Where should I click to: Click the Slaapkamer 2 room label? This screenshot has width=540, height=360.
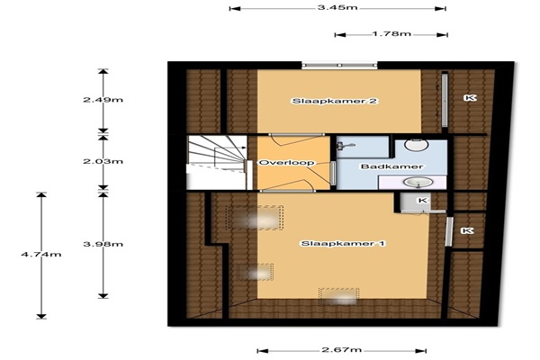coord(335,101)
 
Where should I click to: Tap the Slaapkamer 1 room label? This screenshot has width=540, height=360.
coord(344,244)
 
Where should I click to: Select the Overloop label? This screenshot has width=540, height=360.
coord(286,163)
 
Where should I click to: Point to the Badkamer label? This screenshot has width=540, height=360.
coord(391,166)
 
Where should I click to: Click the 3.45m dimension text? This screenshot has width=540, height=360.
coord(337,7)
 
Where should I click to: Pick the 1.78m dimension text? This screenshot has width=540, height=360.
coord(391,34)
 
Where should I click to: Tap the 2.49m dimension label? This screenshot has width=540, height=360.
coord(103,100)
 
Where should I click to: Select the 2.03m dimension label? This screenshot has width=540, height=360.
coord(103,161)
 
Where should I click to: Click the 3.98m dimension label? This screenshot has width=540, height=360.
coord(103,244)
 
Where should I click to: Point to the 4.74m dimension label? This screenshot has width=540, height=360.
coord(41,255)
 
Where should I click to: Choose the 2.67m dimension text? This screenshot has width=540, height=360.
coord(342,350)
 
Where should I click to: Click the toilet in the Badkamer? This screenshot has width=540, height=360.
coord(417,144)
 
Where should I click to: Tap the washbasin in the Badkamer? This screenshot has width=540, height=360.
coord(418,182)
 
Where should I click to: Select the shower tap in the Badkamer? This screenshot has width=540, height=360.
coord(346,146)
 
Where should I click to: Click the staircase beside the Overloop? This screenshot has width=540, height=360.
coord(217,162)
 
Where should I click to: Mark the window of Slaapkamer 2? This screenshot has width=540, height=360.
coord(339,65)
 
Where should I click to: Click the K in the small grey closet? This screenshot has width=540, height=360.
coord(422,200)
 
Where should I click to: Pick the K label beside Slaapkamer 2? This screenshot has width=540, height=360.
coord(470,98)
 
